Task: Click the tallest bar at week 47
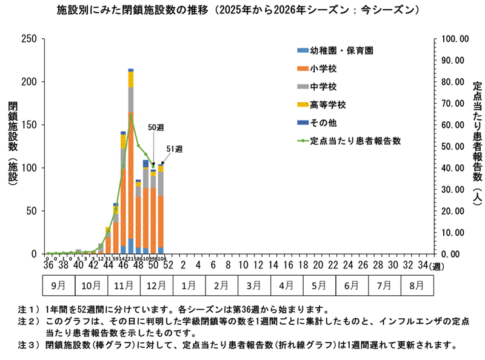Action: pos(131,164)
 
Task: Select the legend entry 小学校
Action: pos(318,70)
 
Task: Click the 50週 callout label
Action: pos(156,128)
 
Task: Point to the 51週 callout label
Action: pos(175,148)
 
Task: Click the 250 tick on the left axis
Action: pos(29,39)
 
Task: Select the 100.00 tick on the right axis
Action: pos(455,39)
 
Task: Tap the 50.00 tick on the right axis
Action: pos(455,146)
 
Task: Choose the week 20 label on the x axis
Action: pos(316,265)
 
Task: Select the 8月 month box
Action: pos(416,284)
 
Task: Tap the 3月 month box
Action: pos(256,284)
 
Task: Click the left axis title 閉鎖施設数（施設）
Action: pos(13,147)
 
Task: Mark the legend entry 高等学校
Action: pos(327,105)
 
